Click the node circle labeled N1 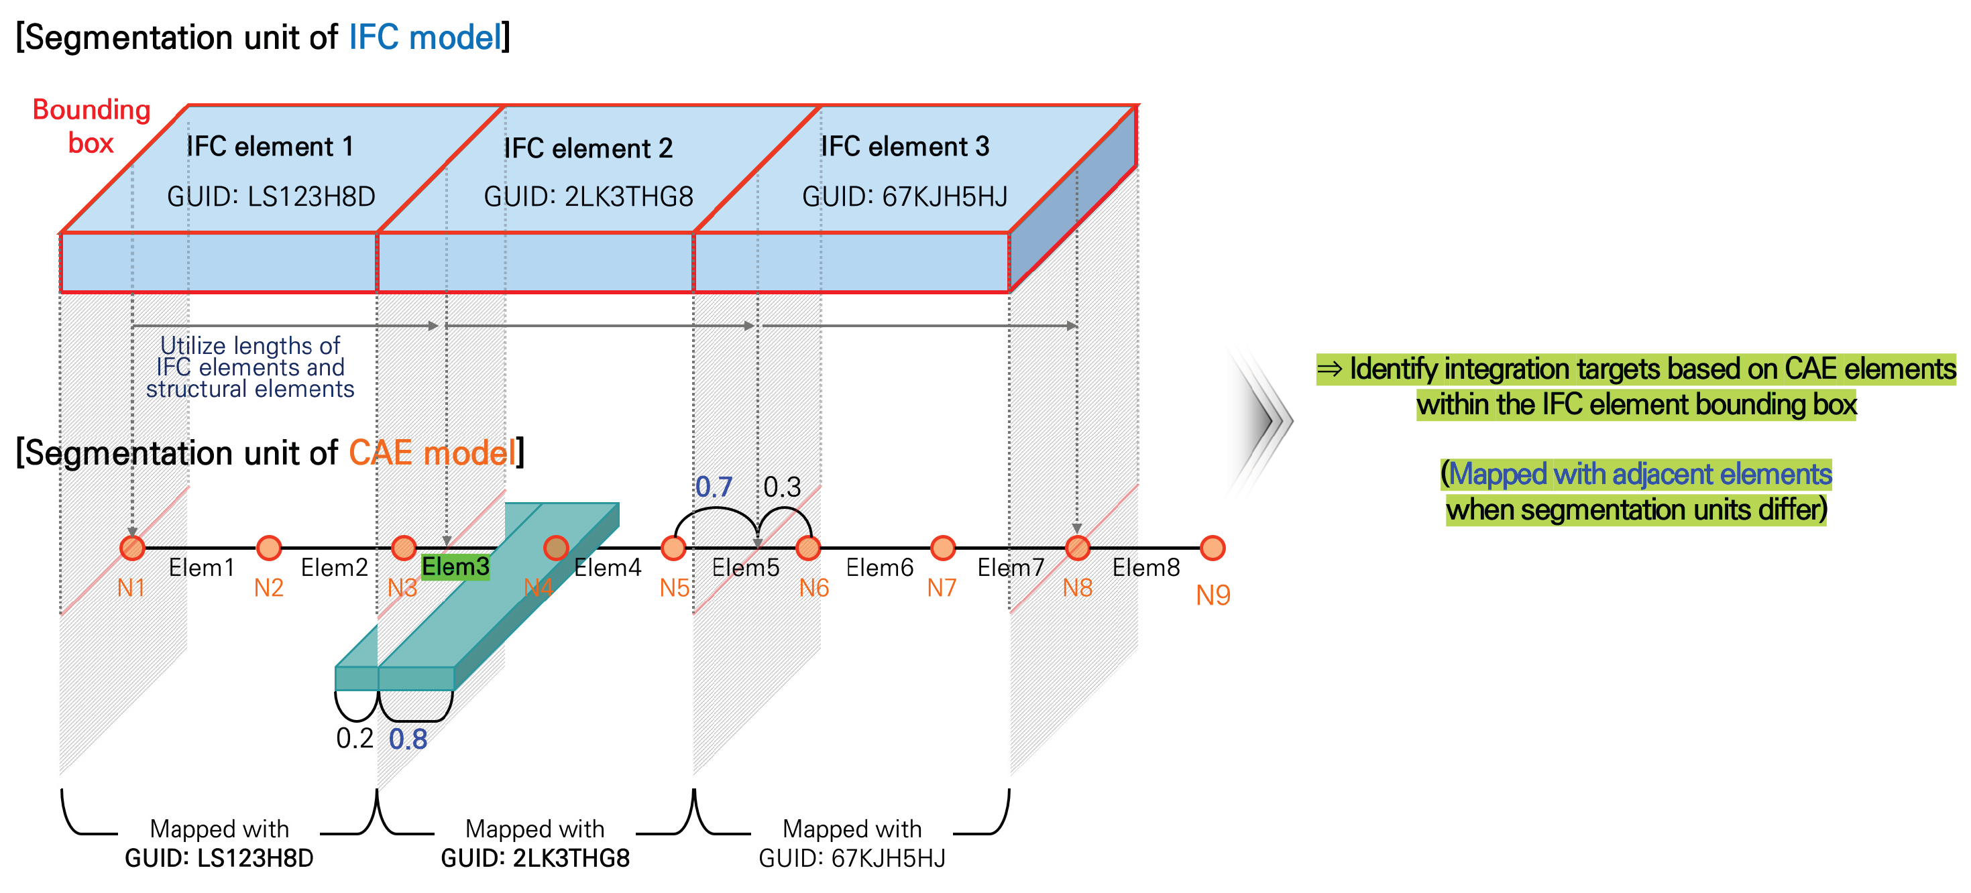[x=132, y=547]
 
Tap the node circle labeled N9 [x=1212, y=547]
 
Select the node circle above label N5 [x=673, y=547]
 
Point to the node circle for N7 [x=943, y=547]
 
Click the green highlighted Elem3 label [x=455, y=567]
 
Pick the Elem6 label [x=879, y=568]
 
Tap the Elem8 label [x=1145, y=568]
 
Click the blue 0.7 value [x=713, y=487]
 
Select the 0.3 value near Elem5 [x=782, y=487]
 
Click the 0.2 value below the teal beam [x=354, y=738]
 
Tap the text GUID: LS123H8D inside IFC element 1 [x=271, y=197]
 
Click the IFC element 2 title [x=587, y=148]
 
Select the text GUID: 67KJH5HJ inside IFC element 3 [x=905, y=197]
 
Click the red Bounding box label [x=91, y=126]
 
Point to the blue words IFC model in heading [x=425, y=38]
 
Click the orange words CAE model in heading [x=433, y=453]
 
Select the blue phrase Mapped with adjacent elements [x=1640, y=475]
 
